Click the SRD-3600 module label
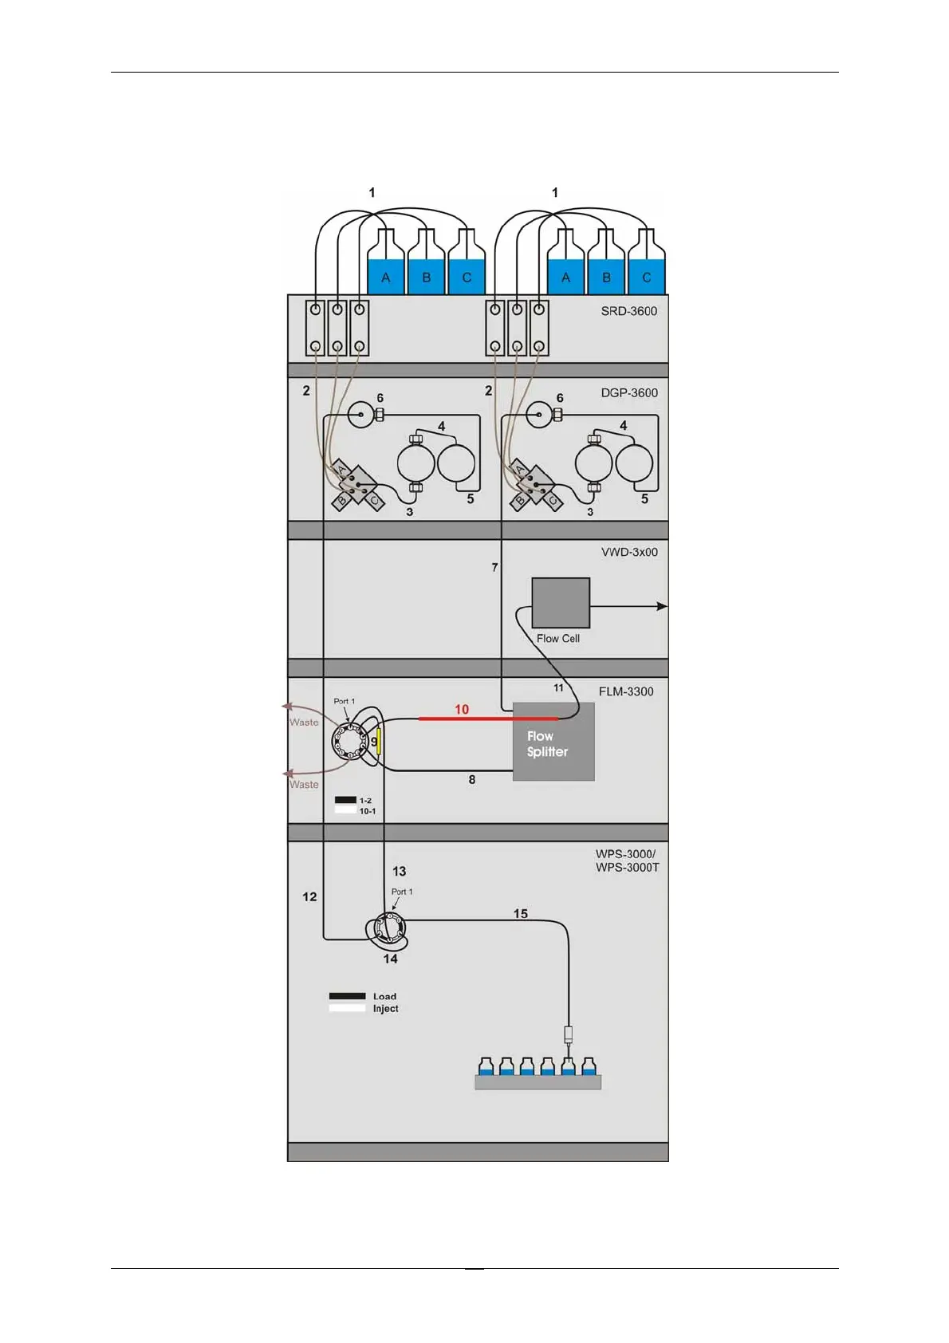[x=628, y=311]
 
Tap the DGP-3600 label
[x=629, y=392]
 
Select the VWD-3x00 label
[x=629, y=552]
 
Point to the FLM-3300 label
[x=626, y=691]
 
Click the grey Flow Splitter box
[x=553, y=742]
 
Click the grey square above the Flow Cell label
[x=561, y=603]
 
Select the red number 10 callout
[x=462, y=709]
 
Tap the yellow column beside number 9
[x=379, y=742]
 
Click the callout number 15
[x=521, y=913]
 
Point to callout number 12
[x=309, y=896]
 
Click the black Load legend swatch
[x=347, y=996]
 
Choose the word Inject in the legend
[x=385, y=1009]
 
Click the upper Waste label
[x=304, y=723]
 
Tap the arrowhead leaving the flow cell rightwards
[x=662, y=606]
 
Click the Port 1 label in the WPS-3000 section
[x=402, y=892]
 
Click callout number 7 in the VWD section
[x=494, y=567]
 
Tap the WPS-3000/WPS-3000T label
[x=627, y=861]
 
